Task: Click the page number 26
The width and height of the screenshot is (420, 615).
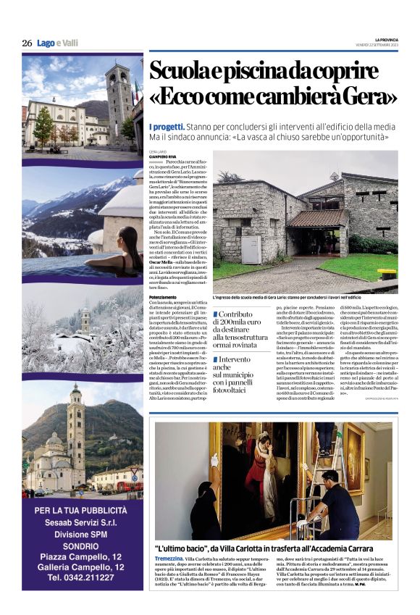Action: [x=27, y=43]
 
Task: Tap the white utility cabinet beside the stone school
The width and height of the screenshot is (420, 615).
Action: [x=251, y=250]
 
